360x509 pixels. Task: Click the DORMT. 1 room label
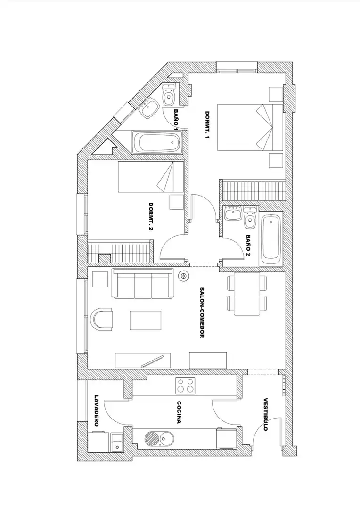(x=207, y=125)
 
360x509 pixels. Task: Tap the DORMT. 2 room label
(x=151, y=217)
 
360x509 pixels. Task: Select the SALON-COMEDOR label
(x=202, y=313)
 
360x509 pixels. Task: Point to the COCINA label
(x=179, y=412)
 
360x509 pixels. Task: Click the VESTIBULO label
(x=266, y=414)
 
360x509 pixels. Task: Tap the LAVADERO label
(x=96, y=410)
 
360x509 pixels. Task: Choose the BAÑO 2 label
(x=249, y=246)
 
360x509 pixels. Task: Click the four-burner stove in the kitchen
(x=185, y=386)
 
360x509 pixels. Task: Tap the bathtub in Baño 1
(x=156, y=142)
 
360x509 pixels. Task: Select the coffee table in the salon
(x=146, y=320)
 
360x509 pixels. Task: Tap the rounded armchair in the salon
(x=102, y=320)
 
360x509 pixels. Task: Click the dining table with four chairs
(x=247, y=294)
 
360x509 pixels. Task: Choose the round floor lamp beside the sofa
(x=184, y=276)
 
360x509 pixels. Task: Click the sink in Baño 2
(x=233, y=214)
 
